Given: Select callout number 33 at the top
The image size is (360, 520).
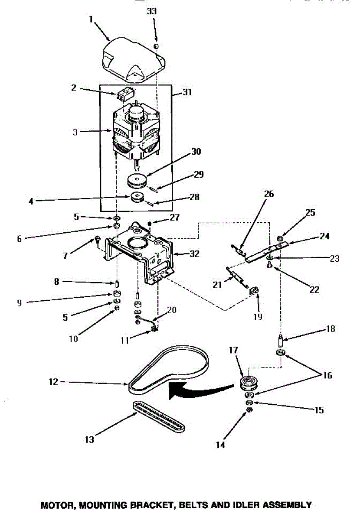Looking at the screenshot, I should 152,12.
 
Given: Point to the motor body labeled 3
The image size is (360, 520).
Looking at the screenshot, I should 134,132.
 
